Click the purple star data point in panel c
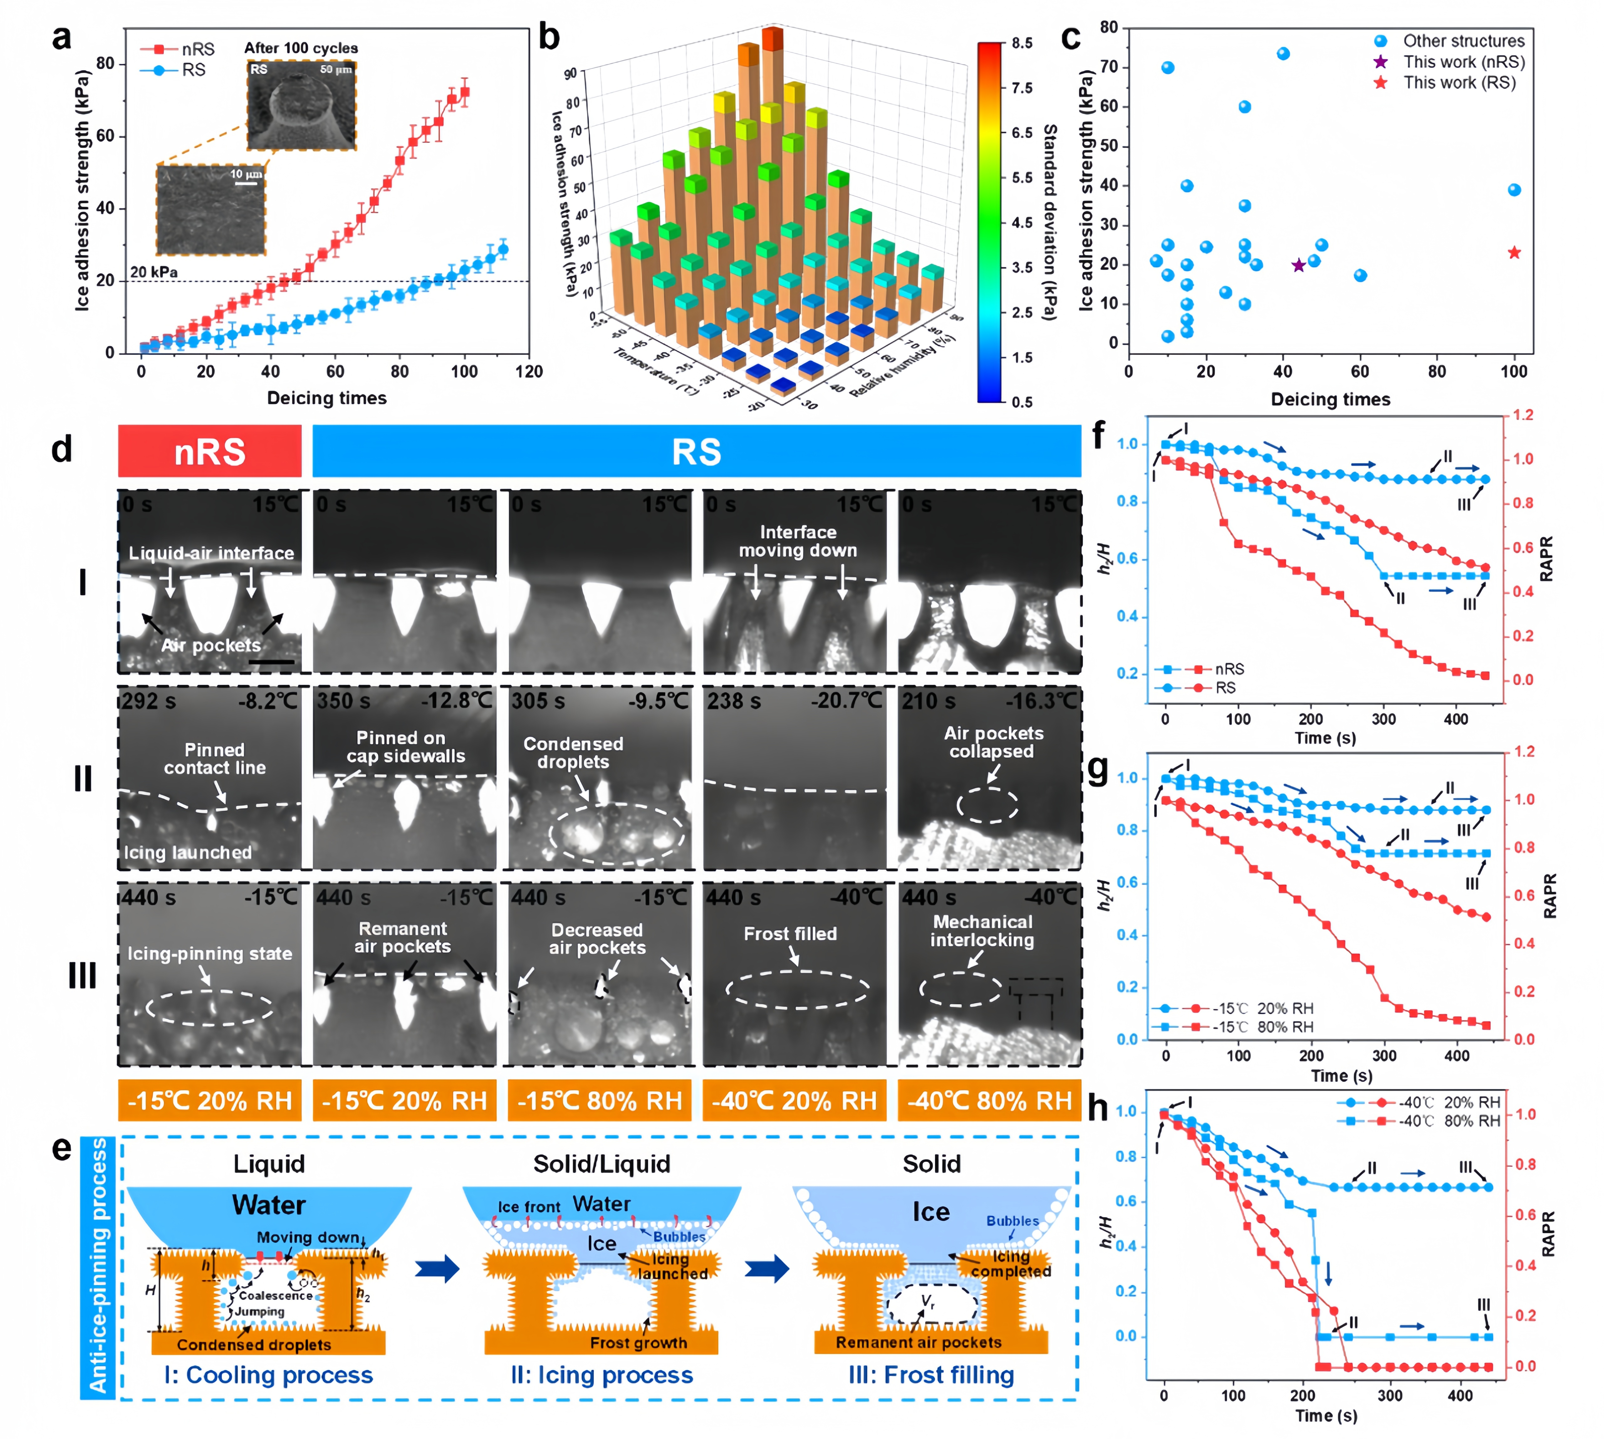(1298, 266)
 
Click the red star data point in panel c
(1514, 253)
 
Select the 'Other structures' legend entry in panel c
(1462, 41)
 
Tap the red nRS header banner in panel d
(210, 452)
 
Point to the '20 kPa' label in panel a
(154, 272)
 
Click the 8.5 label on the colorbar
(1022, 43)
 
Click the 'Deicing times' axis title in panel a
(326, 398)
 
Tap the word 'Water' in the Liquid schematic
(269, 1205)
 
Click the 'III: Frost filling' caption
(931, 1375)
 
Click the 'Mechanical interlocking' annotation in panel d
(983, 931)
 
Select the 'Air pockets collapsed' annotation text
(993, 742)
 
